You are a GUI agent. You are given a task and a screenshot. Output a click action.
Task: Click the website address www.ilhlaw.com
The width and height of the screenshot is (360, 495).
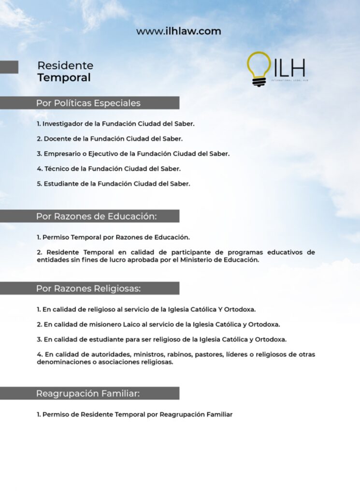click(x=178, y=31)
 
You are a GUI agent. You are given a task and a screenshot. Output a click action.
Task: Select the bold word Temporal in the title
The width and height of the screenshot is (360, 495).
click(x=64, y=78)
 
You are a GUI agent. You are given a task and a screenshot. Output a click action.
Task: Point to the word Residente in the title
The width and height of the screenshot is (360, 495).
click(x=65, y=65)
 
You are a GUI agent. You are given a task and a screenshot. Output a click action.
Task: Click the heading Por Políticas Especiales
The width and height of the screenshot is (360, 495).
click(x=88, y=103)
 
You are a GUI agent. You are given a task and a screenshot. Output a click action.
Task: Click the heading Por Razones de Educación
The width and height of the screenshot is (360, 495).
click(x=96, y=216)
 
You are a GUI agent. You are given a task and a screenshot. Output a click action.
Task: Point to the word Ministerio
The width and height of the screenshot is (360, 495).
click(x=204, y=260)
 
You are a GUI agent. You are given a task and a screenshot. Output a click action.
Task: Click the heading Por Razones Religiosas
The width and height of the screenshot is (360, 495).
click(x=88, y=289)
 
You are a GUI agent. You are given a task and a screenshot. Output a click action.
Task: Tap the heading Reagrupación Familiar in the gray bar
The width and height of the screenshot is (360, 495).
click(x=88, y=393)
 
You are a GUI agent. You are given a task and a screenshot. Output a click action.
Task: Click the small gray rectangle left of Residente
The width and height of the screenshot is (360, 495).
click(x=9, y=67)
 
